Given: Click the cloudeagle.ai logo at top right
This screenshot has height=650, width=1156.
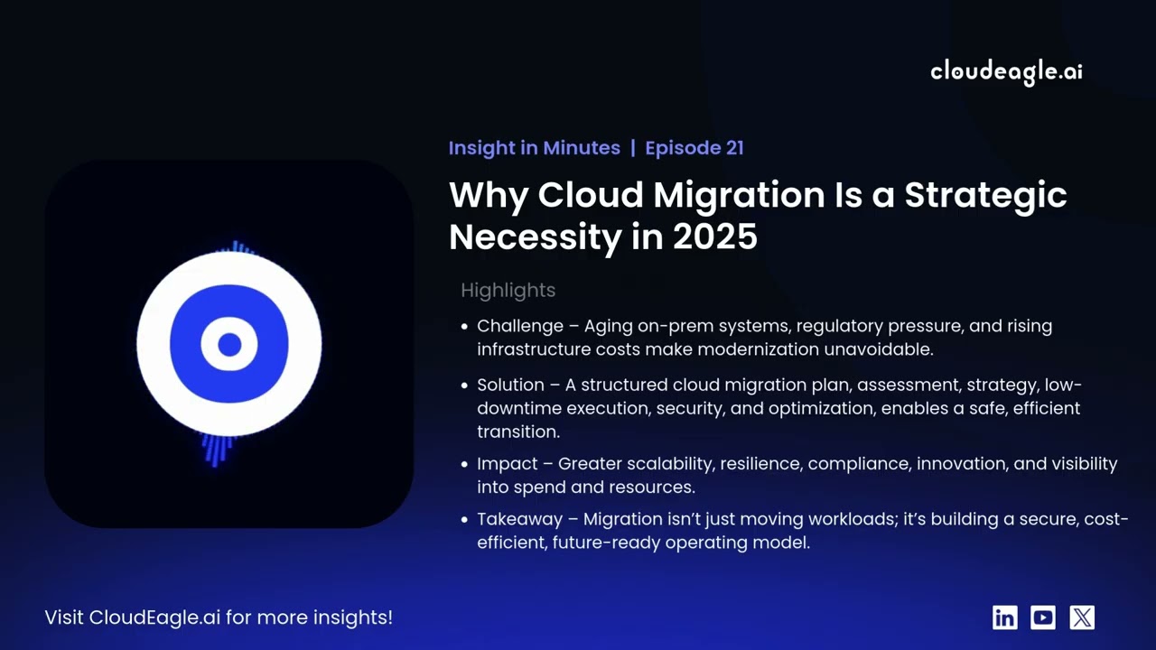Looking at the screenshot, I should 1006,72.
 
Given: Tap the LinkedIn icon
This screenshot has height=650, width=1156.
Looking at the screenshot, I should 1004,617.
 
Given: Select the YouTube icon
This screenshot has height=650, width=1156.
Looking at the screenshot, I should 1043,617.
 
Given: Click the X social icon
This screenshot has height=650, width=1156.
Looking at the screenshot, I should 1082,617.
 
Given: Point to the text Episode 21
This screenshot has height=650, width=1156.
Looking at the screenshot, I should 694,148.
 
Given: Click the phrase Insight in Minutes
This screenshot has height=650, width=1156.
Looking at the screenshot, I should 534,148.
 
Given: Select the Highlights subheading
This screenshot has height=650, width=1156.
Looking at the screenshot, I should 508,291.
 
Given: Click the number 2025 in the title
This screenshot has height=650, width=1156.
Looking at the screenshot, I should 714,237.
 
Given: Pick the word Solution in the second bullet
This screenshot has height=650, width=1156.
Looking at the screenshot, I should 510,385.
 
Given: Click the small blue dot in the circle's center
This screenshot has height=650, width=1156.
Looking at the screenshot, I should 229,344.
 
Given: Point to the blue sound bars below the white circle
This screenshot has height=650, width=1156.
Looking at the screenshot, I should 216,449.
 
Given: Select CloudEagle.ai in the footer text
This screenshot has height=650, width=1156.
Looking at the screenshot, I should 154,617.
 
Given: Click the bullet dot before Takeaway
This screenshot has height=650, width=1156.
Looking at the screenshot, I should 464,520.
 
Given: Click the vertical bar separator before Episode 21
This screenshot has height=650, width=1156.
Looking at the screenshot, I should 632,148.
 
